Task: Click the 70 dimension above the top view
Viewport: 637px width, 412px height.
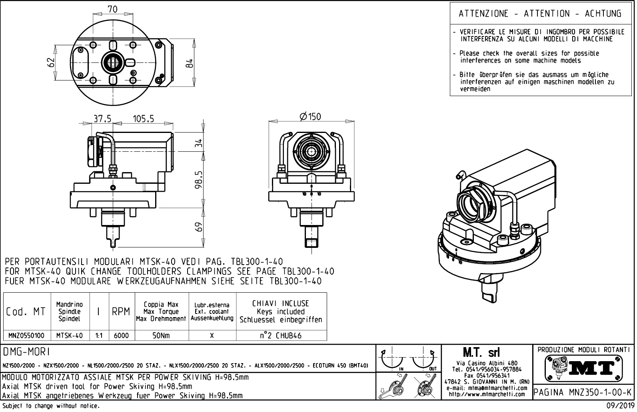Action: coord(113,9)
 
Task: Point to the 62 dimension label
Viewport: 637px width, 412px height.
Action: coord(50,62)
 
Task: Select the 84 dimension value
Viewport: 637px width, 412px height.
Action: coord(190,63)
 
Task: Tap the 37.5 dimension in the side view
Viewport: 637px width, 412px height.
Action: coord(102,119)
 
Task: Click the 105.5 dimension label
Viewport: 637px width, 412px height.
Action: coord(144,119)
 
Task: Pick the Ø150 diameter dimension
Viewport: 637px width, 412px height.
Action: coord(310,117)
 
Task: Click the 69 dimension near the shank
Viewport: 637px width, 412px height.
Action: coord(199,227)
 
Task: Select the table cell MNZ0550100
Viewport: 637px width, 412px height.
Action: coord(26,336)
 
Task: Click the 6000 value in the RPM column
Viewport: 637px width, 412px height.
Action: coord(121,336)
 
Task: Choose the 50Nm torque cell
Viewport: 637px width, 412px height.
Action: coord(161,336)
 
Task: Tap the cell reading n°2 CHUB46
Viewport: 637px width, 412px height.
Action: coord(281,336)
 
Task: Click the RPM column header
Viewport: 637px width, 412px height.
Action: coord(121,312)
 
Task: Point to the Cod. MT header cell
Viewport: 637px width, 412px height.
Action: coord(26,312)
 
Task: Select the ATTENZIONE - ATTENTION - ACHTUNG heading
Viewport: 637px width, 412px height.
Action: coord(540,13)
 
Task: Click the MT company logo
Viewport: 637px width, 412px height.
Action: coord(583,369)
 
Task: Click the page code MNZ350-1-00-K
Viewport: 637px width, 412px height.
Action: coord(600,392)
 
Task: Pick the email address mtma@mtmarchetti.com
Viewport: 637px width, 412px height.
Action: coord(497,388)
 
